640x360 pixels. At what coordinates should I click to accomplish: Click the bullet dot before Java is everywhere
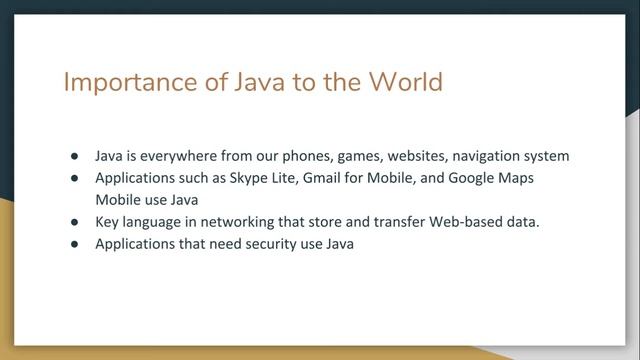[x=75, y=157]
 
